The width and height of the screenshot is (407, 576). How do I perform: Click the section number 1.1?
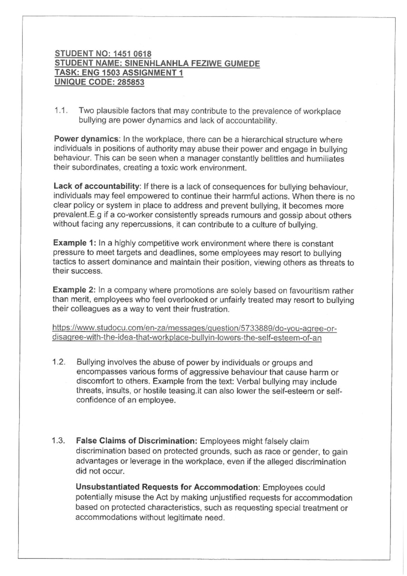click(61, 111)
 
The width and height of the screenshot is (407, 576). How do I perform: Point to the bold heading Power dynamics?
click(85, 140)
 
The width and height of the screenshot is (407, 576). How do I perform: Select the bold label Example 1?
click(75, 243)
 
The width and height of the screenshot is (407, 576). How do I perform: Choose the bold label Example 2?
click(75, 291)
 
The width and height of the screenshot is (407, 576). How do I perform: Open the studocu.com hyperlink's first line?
click(194, 329)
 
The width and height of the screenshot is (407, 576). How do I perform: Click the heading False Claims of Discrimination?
click(136, 441)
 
